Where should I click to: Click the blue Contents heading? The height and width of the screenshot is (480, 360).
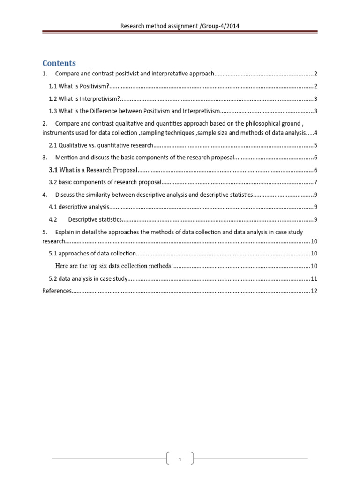pos(59,63)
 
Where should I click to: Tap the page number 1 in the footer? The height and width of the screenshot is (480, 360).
pos(180,459)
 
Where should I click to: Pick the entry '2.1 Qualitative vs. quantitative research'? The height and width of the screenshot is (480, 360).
pos(101,145)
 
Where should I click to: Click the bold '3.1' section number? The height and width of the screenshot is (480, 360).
pos(53,170)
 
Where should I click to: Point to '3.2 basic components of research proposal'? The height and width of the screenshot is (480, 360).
pos(105,182)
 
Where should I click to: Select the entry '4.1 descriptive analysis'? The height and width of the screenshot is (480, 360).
pos(79,207)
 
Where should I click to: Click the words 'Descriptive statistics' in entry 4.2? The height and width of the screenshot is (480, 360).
pos(95,219)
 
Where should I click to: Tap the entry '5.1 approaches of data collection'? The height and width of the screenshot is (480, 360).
pos(92,254)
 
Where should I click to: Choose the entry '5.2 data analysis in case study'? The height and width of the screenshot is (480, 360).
pos(88,278)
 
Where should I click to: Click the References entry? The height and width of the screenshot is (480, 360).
pos(57,291)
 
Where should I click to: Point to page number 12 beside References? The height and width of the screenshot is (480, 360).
pos(314,291)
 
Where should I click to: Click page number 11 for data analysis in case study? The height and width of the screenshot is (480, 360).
pos(314,278)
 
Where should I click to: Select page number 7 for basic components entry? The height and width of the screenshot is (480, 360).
pos(316,182)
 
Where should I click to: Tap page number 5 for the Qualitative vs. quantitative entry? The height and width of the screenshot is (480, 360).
pos(316,145)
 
